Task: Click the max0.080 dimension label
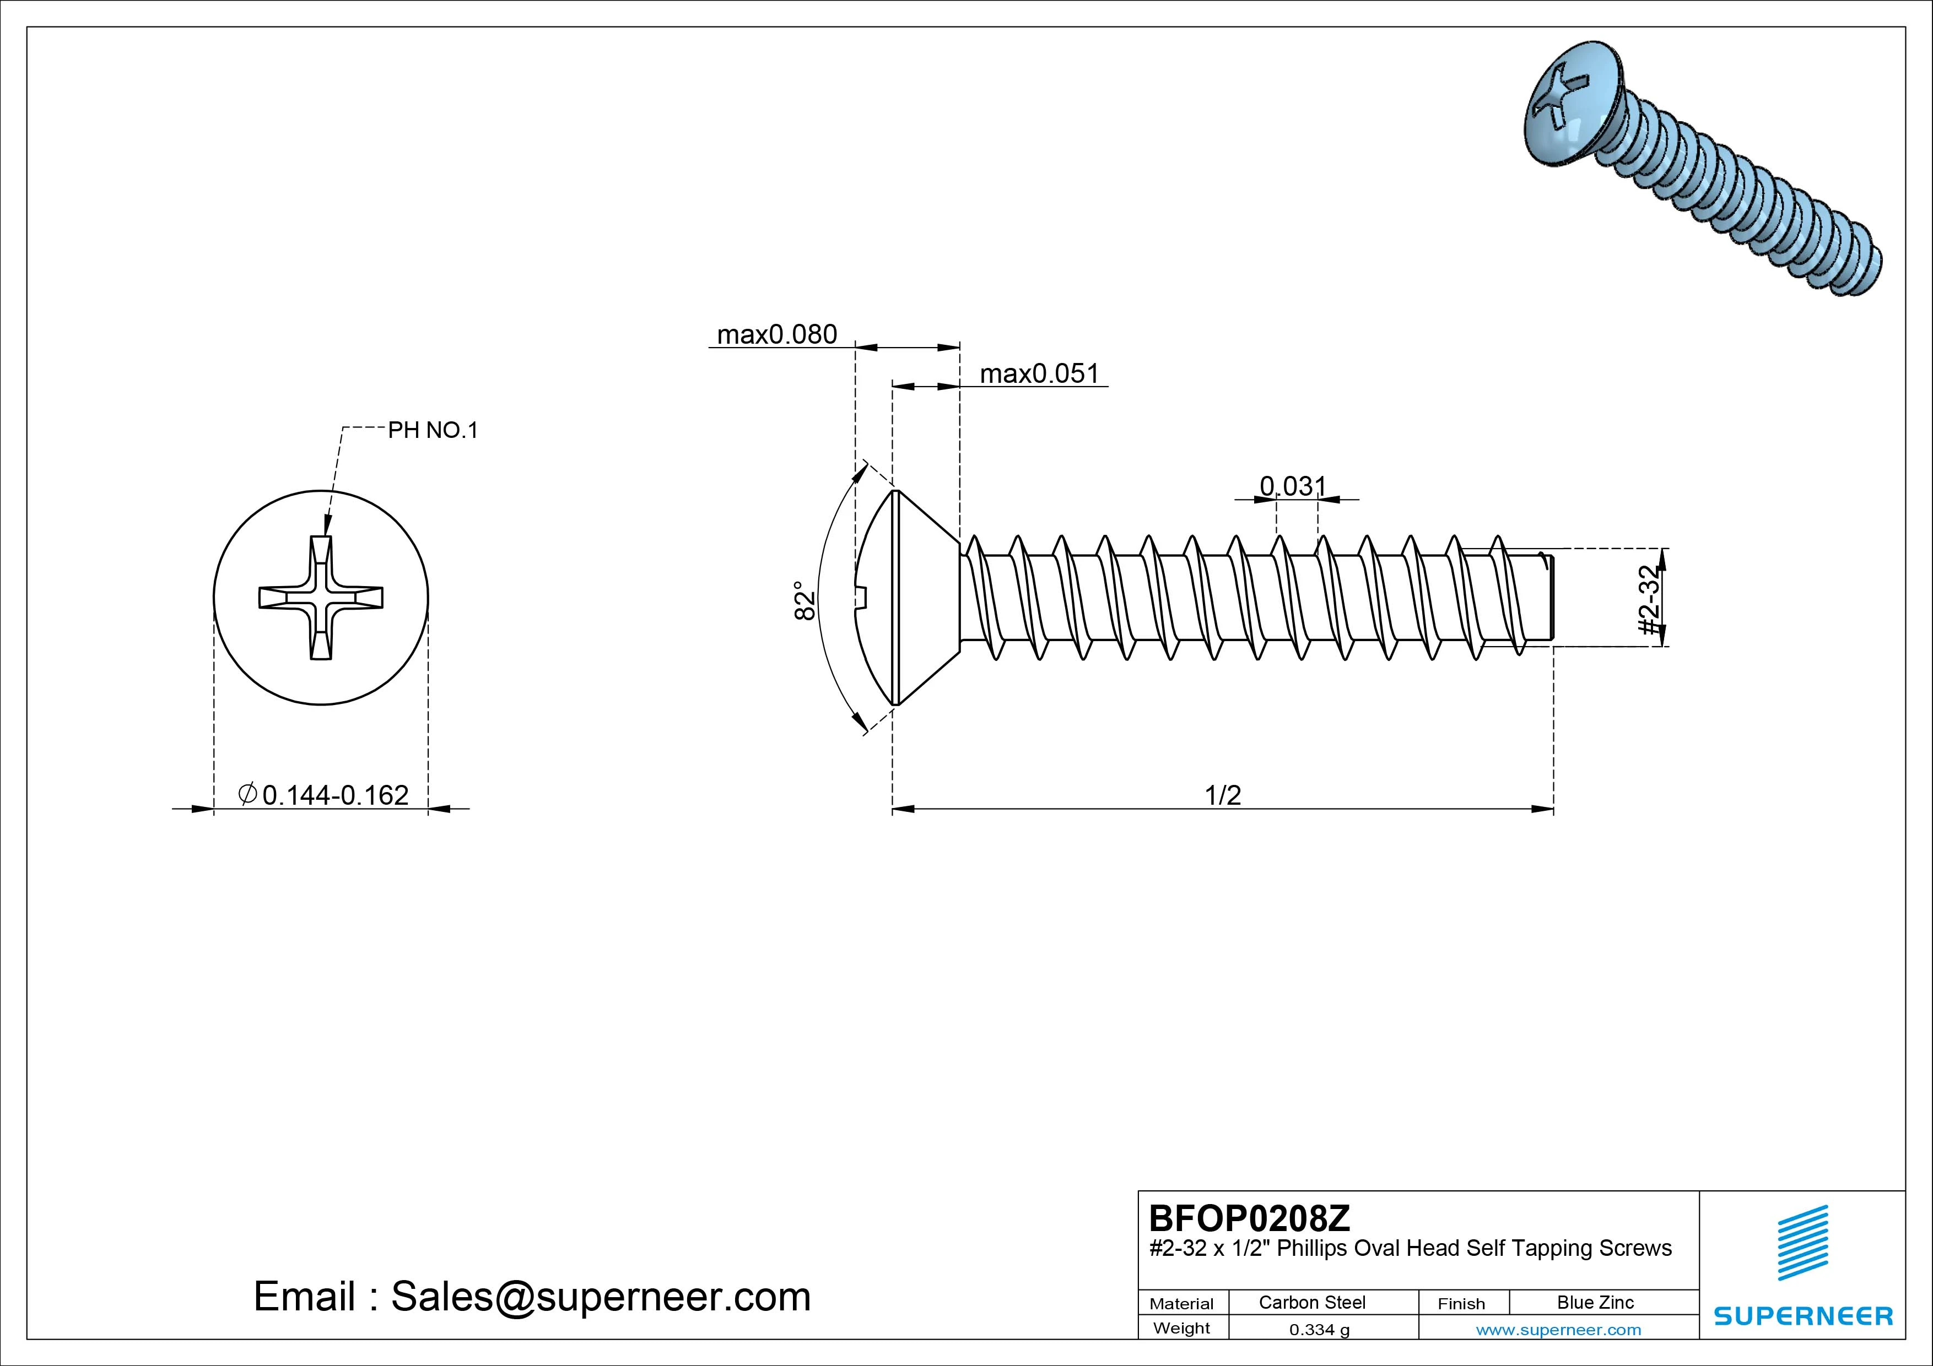[x=776, y=334]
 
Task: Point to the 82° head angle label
[x=805, y=600]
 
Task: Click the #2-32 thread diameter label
[x=1651, y=599]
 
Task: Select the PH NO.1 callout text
[x=432, y=430]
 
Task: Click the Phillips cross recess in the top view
[x=321, y=598]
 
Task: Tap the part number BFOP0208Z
[x=1249, y=1218]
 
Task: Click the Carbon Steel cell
[x=1311, y=1302]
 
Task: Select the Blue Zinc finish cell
[x=1595, y=1302]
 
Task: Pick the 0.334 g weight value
[x=1319, y=1330]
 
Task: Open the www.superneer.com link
[x=1558, y=1330]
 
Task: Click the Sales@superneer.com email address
[x=600, y=1297]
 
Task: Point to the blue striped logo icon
[x=1802, y=1242]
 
